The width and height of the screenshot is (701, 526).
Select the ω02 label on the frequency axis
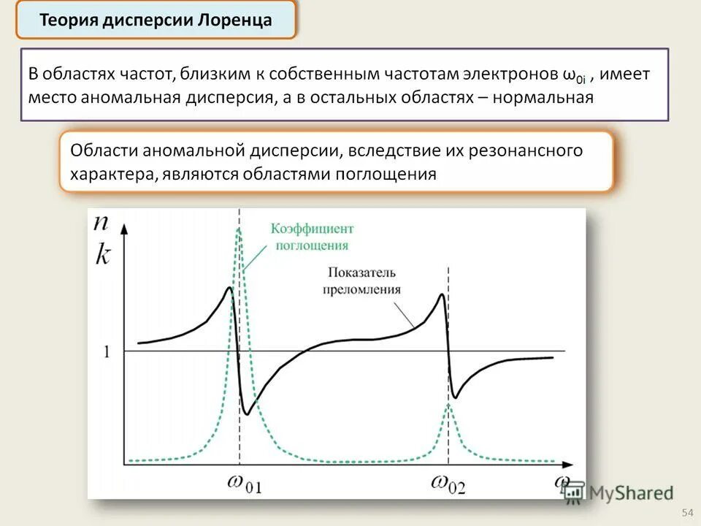pyautogui.click(x=450, y=483)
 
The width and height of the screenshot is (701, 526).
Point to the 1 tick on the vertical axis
pyautogui.click(x=107, y=351)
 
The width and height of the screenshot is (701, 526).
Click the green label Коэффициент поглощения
pyautogui.click(x=312, y=237)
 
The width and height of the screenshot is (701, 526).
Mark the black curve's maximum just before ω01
pyautogui.click(x=229, y=288)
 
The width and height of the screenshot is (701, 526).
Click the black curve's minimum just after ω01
pyautogui.click(x=248, y=414)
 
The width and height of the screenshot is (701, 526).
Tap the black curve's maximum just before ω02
pyautogui.click(x=440, y=294)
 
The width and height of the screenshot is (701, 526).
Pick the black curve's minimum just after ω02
pyautogui.click(x=456, y=397)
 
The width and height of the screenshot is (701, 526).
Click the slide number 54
pyautogui.click(x=686, y=511)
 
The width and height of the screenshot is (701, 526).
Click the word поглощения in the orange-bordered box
pyautogui.click(x=386, y=174)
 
